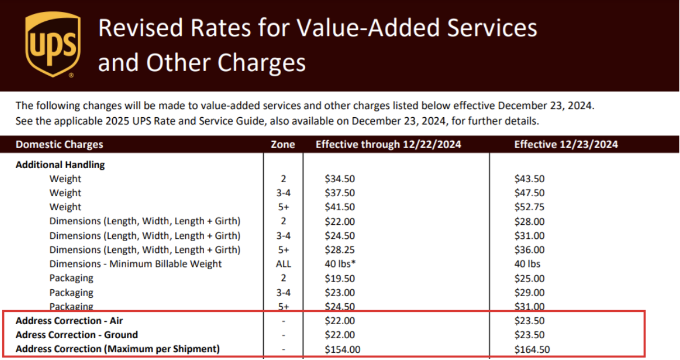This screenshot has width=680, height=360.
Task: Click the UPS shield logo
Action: coord(52,45)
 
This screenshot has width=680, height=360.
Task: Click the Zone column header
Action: coord(283,145)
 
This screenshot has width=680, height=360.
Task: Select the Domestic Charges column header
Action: coord(59,145)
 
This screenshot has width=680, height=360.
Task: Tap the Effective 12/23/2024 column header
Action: coord(566,145)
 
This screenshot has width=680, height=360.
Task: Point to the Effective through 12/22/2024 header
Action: coord(388,145)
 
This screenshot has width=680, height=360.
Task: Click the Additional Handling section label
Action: coord(60,165)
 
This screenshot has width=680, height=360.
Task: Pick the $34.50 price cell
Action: coord(339,179)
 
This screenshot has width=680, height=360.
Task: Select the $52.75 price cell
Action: coord(529,207)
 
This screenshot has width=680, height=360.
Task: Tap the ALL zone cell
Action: coord(283,264)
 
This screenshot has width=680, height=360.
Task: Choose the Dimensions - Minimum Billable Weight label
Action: coord(136,264)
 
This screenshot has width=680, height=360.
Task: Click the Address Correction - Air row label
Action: coord(69,321)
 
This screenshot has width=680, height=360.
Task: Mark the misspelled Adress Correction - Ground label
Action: coord(77,335)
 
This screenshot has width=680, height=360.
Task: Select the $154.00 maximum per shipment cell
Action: coord(342,349)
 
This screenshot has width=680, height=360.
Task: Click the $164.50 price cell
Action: coord(532,349)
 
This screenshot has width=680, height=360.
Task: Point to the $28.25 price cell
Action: coord(339,250)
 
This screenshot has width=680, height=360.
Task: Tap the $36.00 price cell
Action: coord(529,250)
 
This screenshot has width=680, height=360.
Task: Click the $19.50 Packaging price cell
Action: coord(339,278)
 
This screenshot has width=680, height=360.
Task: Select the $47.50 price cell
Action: coord(529,193)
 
